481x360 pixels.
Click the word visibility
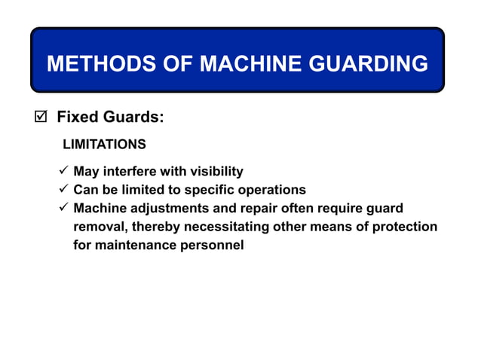tap(216, 172)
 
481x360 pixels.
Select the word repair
tap(251, 208)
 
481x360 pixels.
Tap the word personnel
tap(213, 245)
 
